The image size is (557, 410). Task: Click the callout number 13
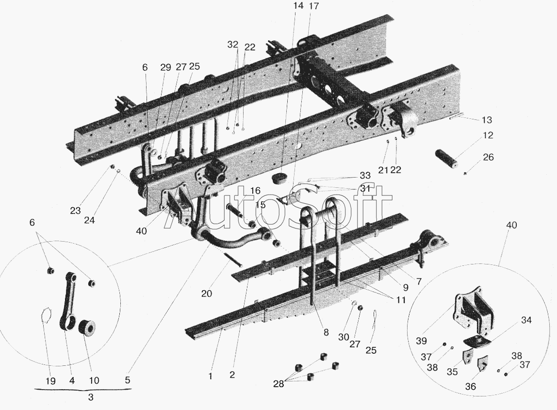pyautogui.click(x=487, y=120)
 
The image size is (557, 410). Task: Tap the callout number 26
pyautogui.click(x=489, y=157)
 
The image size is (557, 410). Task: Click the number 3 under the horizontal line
pyautogui.click(x=91, y=397)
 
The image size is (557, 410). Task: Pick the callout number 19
pyautogui.click(x=50, y=381)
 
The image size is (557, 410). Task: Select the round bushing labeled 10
pyautogui.click(x=87, y=327)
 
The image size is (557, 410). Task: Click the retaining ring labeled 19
pyautogui.click(x=46, y=315)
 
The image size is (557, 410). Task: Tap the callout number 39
pyautogui.click(x=421, y=341)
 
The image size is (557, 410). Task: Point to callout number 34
pyautogui.click(x=526, y=320)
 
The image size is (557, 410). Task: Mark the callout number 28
pyautogui.click(x=278, y=384)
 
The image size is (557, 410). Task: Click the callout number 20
pyautogui.click(x=207, y=294)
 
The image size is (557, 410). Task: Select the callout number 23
pyautogui.click(x=75, y=211)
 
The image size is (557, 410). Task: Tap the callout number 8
pyautogui.click(x=326, y=332)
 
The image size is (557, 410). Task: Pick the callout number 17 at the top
pyautogui.click(x=313, y=6)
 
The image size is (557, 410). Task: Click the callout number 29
pyautogui.click(x=165, y=67)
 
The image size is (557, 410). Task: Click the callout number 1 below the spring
pyautogui.click(x=211, y=376)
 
